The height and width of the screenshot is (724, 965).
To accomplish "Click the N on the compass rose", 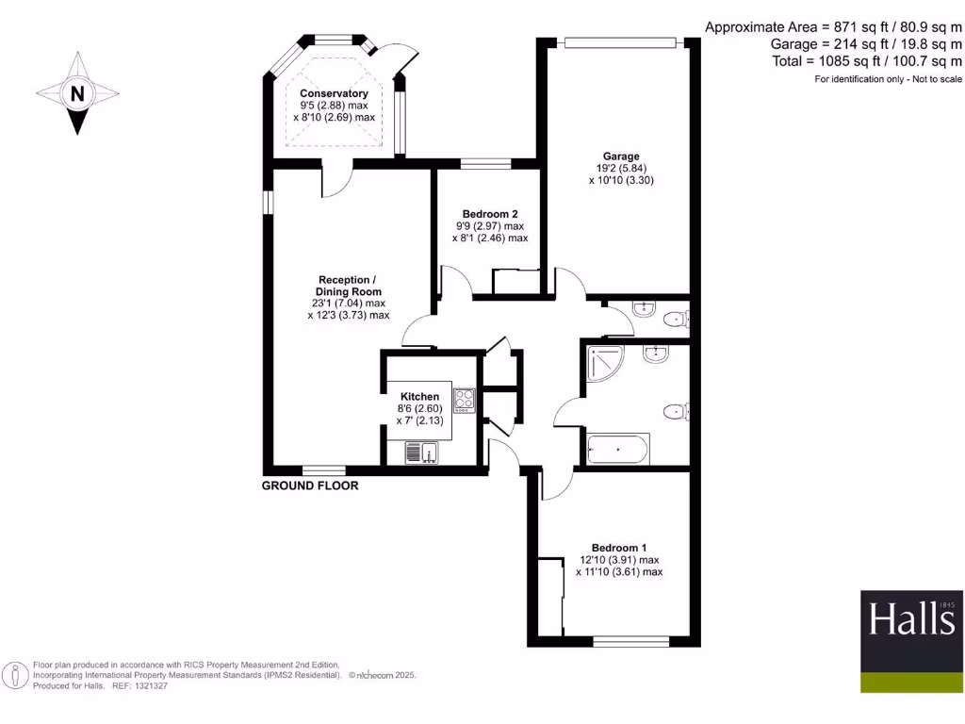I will click(77, 93).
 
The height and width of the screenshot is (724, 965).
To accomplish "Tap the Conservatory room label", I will click(334, 93).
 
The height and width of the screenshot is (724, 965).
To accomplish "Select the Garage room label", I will click(621, 156).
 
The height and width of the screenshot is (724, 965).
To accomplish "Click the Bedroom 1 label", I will click(619, 548).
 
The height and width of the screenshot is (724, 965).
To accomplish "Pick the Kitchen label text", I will click(419, 396).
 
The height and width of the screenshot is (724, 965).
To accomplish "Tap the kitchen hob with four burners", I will click(465, 400).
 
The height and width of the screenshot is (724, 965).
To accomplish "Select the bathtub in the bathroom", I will click(617, 450).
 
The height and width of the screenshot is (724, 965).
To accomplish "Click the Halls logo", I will click(911, 620).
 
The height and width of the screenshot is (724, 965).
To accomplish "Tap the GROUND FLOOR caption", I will click(310, 486).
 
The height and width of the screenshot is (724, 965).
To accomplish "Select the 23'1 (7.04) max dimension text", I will click(349, 304).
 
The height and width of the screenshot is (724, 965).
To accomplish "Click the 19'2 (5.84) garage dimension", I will click(621, 169).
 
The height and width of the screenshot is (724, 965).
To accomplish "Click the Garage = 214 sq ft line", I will click(866, 44).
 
